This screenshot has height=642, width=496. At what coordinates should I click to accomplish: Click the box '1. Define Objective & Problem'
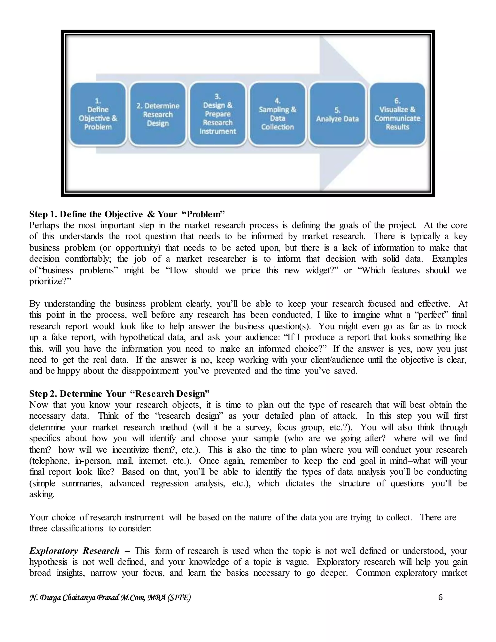click(98, 114)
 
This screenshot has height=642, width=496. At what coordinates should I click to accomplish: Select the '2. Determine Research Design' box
click(158, 114)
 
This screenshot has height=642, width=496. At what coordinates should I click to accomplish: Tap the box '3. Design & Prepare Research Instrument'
click(218, 114)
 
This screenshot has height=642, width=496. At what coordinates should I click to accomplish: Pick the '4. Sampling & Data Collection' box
click(278, 114)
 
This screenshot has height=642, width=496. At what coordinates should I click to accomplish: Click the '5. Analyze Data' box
click(337, 114)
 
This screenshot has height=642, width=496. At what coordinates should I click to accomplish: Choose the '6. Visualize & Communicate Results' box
click(397, 114)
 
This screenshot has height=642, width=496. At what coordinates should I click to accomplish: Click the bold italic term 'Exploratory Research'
click(74, 551)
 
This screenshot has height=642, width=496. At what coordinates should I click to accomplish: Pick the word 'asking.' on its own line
click(42, 494)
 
